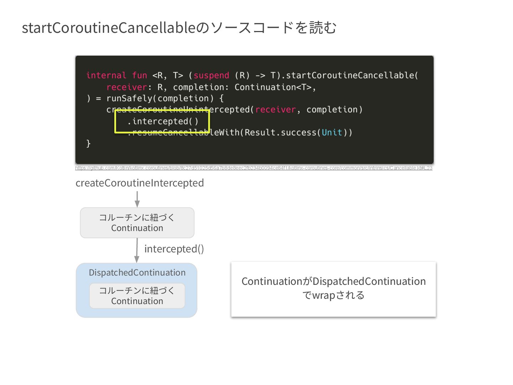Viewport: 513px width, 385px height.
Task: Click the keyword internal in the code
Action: pyautogui.click(x=106, y=76)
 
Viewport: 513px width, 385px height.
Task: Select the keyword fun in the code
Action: pyautogui.click(x=139, y=76)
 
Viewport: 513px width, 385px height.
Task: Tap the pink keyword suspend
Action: pyautogui.click(x=211, y=76)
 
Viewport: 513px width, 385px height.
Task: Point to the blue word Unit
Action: pyautogui.click(x=332, y=133)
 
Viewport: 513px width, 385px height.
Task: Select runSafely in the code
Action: pyautogui.click(x=131, y=98)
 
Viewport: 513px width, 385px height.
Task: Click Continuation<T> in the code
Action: pyautogui.click(x=273, y=87)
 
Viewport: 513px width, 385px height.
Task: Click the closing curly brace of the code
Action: pyautogui.click(x=88, y=144)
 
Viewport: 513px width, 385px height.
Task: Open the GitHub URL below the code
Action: pyautogui.click(x=254, y=168)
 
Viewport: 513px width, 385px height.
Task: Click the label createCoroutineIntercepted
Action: pyautogui.click(x=140, y=183)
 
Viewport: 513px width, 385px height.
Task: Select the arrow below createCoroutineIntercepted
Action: pyautogui.click(x=137, y=199)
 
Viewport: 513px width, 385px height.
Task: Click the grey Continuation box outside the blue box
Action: pyautogui.click(x=137, y=223)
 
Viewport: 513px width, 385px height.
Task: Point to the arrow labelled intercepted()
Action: pyautogui.click(x=137, y=250)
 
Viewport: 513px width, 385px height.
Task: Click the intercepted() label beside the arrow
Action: pyautogui.click(x=174, y=249)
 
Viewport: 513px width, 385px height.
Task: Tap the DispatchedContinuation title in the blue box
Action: pyautogui.click(x=137, y=273)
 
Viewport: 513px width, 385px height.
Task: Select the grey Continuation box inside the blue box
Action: pyautogui.click(x=137, y=296)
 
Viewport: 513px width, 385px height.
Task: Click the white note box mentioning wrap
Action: pyautogui.click(x=333, y=289)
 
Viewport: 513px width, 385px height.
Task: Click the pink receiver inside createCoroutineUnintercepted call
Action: pyautogui.click(x=275, y=110)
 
